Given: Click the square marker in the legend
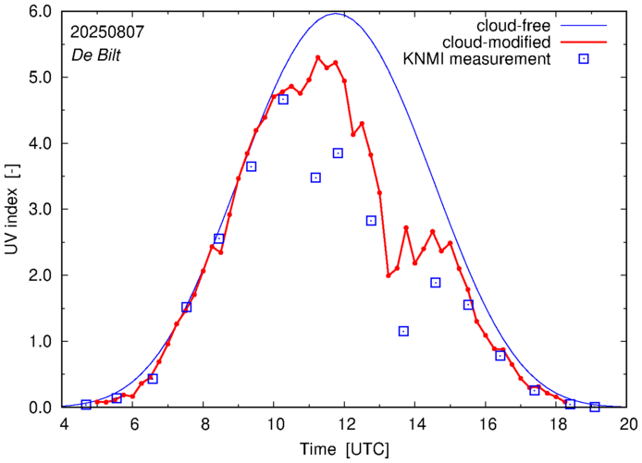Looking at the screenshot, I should pos(585,60).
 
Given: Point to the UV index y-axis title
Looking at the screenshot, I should pos(13,210).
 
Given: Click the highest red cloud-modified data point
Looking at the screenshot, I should pos(317,57).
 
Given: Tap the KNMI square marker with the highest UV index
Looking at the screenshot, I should pos(283,99).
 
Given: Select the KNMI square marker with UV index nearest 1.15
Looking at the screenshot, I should pos(403,331).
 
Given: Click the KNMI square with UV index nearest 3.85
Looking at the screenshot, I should pos(338,152).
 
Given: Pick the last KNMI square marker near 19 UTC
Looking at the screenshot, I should pos(595,407).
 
